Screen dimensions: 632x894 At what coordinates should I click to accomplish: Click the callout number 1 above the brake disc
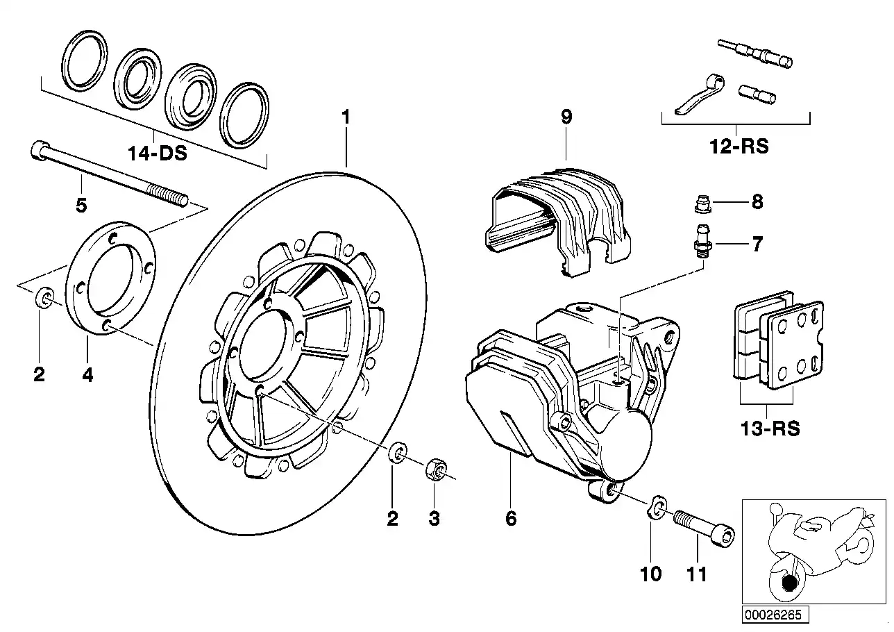pos(345,117)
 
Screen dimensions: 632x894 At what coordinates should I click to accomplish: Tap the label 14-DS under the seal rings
pos(157,153)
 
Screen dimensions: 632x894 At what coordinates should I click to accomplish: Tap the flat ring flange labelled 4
pos(111,278)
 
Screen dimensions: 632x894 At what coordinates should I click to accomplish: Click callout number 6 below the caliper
pos(511,518)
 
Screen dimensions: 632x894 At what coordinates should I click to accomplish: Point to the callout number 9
pos(566,117)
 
